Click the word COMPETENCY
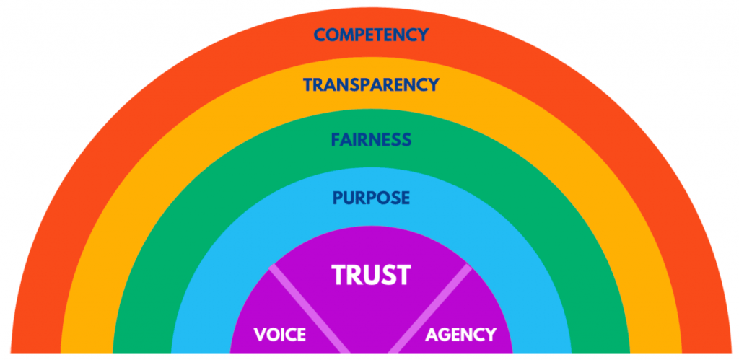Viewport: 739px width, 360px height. point(371,35)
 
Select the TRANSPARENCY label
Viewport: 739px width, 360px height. point(371,84)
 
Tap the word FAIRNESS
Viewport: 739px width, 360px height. point(371,139)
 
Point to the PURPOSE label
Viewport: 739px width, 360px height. point(371,197)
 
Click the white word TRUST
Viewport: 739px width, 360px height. point(371,275)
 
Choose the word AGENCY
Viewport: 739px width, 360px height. point(461,335)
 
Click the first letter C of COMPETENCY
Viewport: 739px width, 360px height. point(320,35)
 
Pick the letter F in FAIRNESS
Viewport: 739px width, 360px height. point(336,139)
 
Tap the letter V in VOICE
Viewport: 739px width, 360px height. point(259,335)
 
